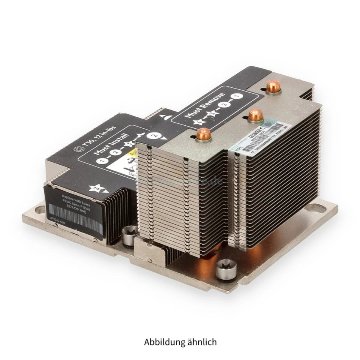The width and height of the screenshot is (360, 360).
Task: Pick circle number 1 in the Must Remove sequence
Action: (236, 96)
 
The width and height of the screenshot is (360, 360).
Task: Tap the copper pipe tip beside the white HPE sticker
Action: (255, 114)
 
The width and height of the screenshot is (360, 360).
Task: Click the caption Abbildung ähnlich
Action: (180, 342)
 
